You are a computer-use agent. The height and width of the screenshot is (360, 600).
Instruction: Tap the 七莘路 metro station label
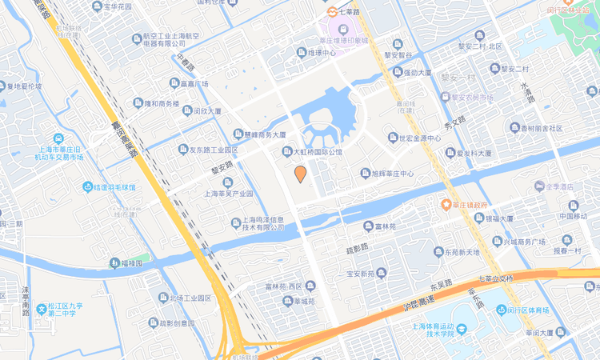coord(349,11)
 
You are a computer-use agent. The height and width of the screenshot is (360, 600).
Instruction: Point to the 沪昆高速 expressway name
coord(415,302)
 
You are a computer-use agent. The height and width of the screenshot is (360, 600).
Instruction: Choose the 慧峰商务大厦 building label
coord(264,134)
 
